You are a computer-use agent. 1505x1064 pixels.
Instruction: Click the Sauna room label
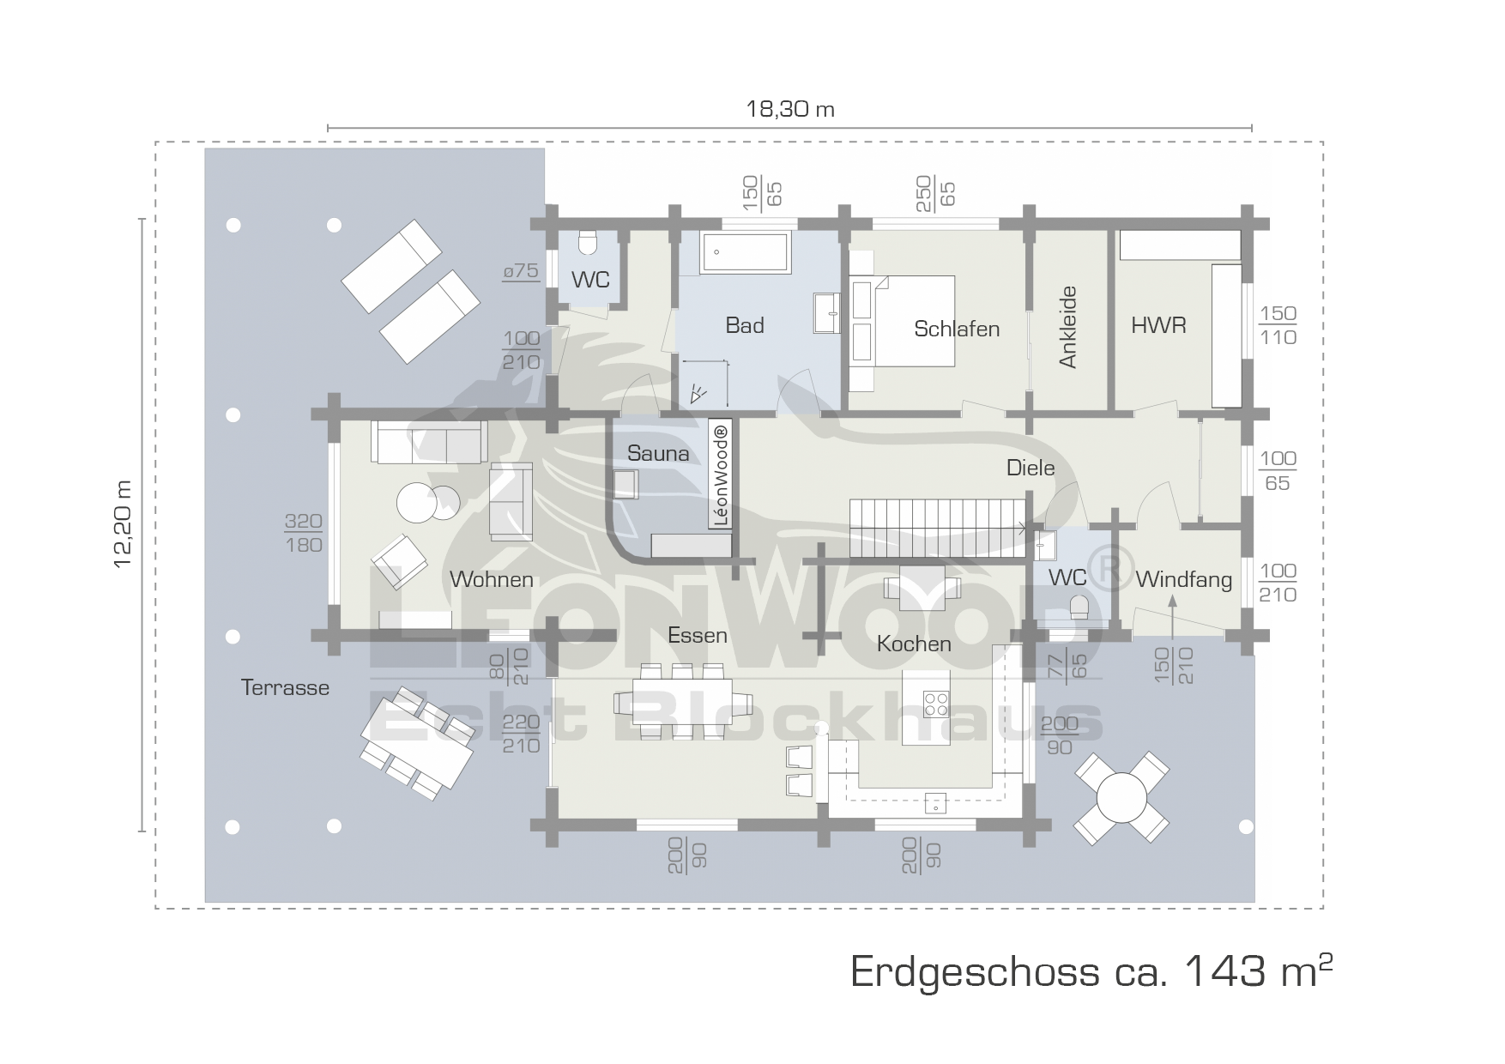[658, 453]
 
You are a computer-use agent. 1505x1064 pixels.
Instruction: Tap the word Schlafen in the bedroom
[957, 329]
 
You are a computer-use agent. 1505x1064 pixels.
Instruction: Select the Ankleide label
[1067, 327]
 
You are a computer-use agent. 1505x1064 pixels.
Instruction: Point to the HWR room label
[1158, 325]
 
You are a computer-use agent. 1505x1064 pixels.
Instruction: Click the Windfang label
[1183, 580]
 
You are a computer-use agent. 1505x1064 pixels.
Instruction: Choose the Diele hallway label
[1031, 468]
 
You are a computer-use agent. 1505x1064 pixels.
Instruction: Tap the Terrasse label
[285, 687]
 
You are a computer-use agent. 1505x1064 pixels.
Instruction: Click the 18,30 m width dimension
[790, 109]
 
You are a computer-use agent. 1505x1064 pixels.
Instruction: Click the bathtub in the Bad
[745, 252]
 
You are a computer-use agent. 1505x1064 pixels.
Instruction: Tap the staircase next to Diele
[938, 529]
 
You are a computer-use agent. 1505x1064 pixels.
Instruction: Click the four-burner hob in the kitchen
[935, 704]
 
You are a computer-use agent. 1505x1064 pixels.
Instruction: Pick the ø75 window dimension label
[521, 272]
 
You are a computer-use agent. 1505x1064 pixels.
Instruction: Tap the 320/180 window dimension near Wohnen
[304, 533]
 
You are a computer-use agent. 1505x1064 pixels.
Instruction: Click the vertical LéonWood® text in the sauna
[721, 475]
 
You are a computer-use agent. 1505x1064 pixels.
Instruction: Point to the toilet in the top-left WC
[588, 245]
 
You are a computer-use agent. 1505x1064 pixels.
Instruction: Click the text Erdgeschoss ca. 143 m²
[1091, 971]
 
